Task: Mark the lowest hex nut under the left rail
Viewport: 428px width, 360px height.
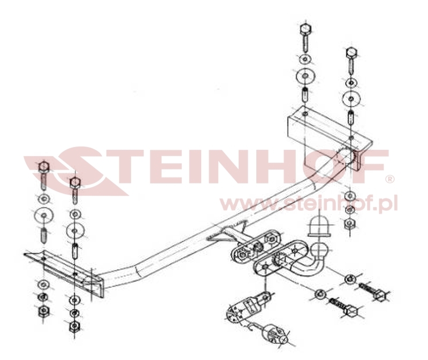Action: click(x=74, y=325)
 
